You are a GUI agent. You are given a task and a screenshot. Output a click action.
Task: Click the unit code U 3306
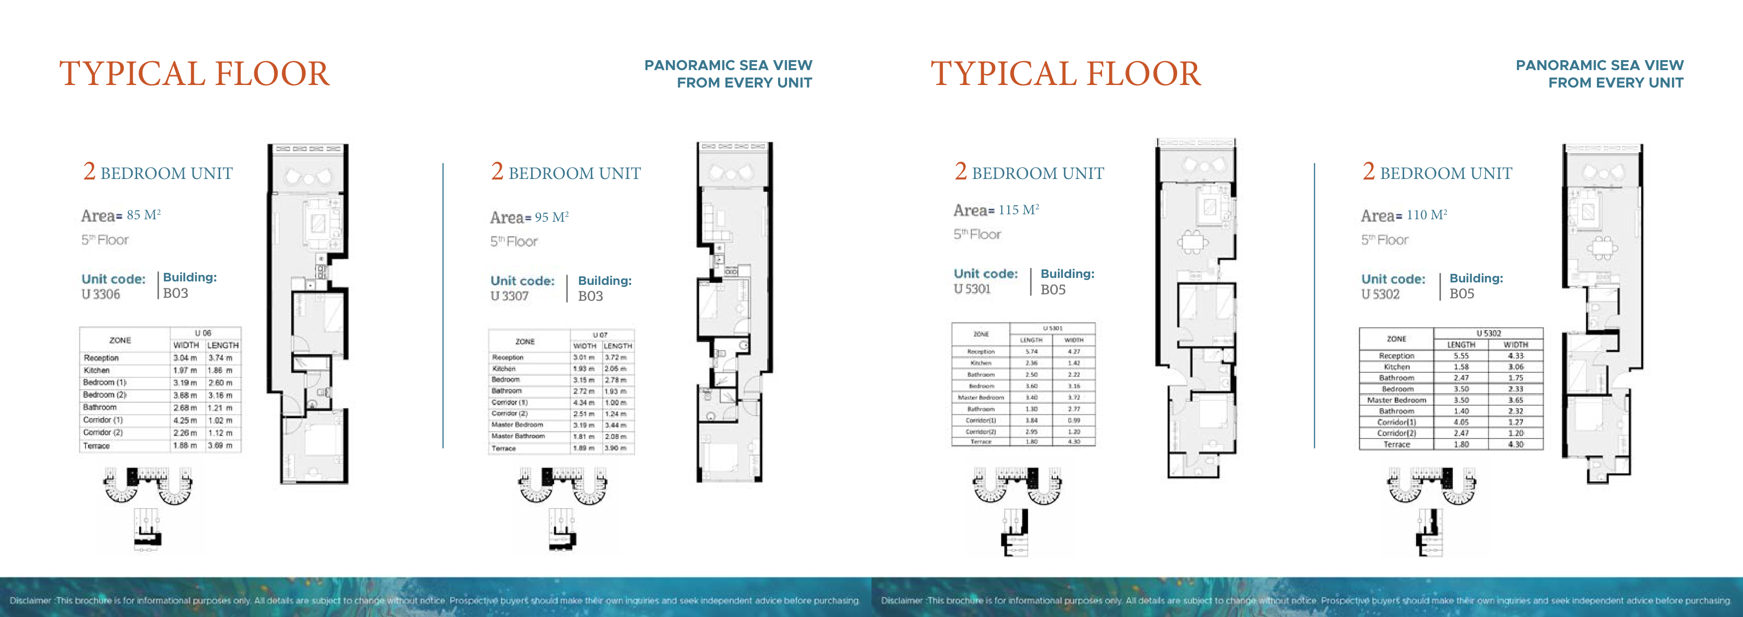[100, 294]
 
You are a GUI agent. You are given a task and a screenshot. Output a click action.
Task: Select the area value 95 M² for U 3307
[551, 217]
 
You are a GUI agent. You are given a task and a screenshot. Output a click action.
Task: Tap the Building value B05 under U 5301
[1053, 290]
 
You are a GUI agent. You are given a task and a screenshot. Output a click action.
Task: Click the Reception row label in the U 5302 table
[1396, 355]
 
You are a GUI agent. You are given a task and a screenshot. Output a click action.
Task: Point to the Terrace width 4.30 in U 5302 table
[1515, 444]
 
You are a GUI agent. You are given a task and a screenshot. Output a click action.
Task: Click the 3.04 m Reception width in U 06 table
[185, 357]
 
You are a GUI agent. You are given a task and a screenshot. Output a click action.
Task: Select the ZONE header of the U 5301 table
[980, 334]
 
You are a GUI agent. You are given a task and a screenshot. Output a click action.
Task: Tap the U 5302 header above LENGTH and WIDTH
[1488, 333]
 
